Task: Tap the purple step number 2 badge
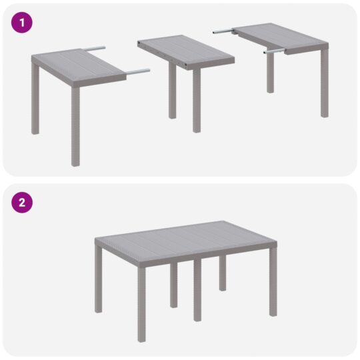point(23,202)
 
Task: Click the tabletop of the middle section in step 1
point(185,51)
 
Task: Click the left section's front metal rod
point(137,71)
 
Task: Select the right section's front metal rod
point(274,51)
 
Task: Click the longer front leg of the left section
point(75,127)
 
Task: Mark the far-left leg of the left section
point(34,100)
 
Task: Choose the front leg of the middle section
point(197,100)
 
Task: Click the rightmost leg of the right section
point(324,83)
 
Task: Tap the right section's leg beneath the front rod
point(270,73)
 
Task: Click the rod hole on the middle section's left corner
point(138,44)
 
